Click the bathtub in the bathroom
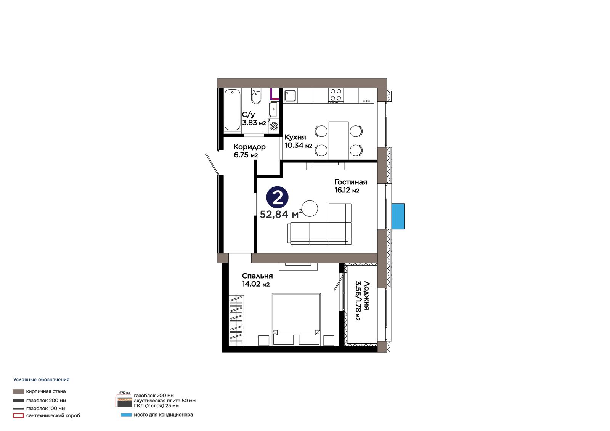(x=232, y=110)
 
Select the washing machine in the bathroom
(x=274, y=126)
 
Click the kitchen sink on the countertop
(x=290, y=96)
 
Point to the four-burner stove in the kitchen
(x=336, y=96)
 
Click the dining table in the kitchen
(x=339, y=141)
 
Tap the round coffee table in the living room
(x=310, y=208)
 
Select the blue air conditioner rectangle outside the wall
(x=398, y=216)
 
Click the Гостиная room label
(x=351, y=182)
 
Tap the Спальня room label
(x=257, y=276)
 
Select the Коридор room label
(x=249, y=147)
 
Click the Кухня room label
(x=295, y=137)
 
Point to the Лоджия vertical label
(x=366, y=296)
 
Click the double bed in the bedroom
(x=296, y=319)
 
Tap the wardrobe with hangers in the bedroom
(x=236, y=320)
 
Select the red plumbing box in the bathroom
(x=275, y=94)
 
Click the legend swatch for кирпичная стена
(x=18, y=391)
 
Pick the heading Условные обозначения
(x=42, y=380)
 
